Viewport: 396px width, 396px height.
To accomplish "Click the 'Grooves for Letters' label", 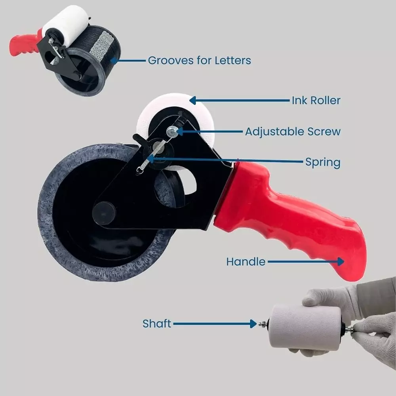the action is (x=199, y=61).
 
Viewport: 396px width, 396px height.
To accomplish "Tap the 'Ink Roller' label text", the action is (x=316, y=101).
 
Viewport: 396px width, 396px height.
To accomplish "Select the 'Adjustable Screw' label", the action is (x=293, y=132).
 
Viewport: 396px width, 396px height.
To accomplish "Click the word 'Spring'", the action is (x=323, y=162).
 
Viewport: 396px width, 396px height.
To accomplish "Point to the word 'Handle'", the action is (x=246, y=262).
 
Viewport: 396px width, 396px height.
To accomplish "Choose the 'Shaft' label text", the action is (x=156, y=324).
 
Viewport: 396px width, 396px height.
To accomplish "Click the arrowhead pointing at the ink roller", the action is (x=193, y=101).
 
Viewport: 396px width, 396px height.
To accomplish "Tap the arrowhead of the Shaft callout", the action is (x=253, y=324).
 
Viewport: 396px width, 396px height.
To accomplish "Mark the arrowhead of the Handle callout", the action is (x=341, y=262).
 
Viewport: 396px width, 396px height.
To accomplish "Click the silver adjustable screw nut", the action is (x=171, y=131).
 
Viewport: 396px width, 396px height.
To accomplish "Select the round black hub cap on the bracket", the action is (x=103, y=213).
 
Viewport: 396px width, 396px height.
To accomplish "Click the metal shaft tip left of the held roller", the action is (x=263, y=324).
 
